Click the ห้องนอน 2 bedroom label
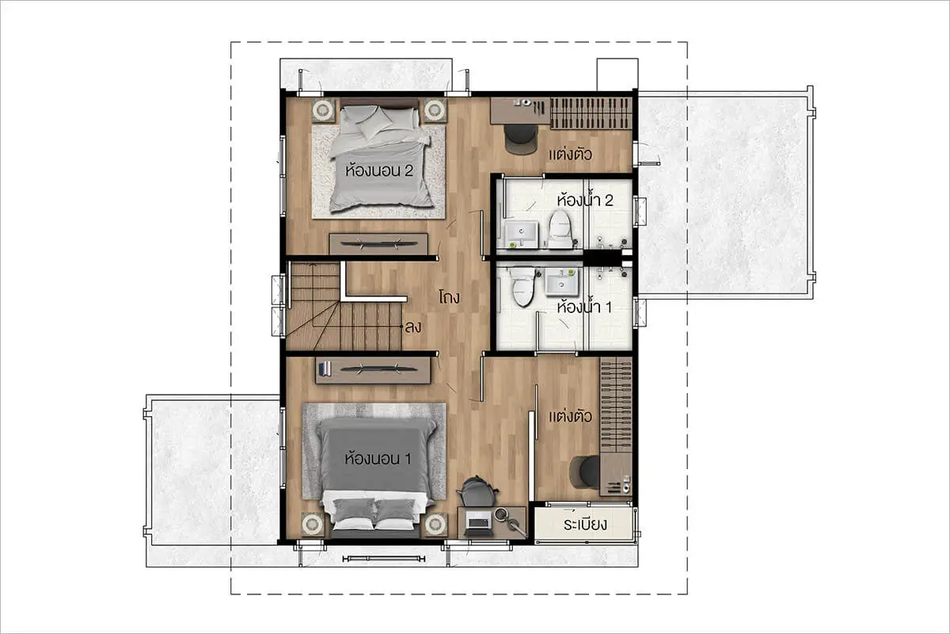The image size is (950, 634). tap(379, 170)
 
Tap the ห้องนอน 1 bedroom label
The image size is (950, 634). tap(378, 459)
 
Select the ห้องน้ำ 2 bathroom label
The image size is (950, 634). tap(585, 200)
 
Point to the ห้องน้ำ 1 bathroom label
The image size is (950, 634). tap(584, 307)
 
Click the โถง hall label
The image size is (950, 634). tap(449, 297)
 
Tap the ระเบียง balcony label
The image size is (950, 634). tap(585, 525)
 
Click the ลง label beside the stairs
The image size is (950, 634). tap(413, 327)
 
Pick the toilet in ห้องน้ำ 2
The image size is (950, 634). tap(560, 229)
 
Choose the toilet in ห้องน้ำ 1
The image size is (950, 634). tap(522, 286)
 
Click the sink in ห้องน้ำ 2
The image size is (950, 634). tap(521, 234)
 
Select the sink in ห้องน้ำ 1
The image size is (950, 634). tap(562, 281)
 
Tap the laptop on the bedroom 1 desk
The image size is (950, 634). tap(478, 522)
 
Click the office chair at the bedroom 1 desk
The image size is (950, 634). tap(477, 491)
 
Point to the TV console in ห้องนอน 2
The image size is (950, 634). tap(378, 244)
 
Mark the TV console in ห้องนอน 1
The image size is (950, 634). tap(373, 370)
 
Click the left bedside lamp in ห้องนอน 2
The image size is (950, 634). tap(324, 110)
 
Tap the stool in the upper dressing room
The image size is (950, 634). tap(520, 139)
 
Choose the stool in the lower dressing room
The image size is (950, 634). tap(585, 472)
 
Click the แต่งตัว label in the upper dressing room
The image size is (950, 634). tap(570, 155)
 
